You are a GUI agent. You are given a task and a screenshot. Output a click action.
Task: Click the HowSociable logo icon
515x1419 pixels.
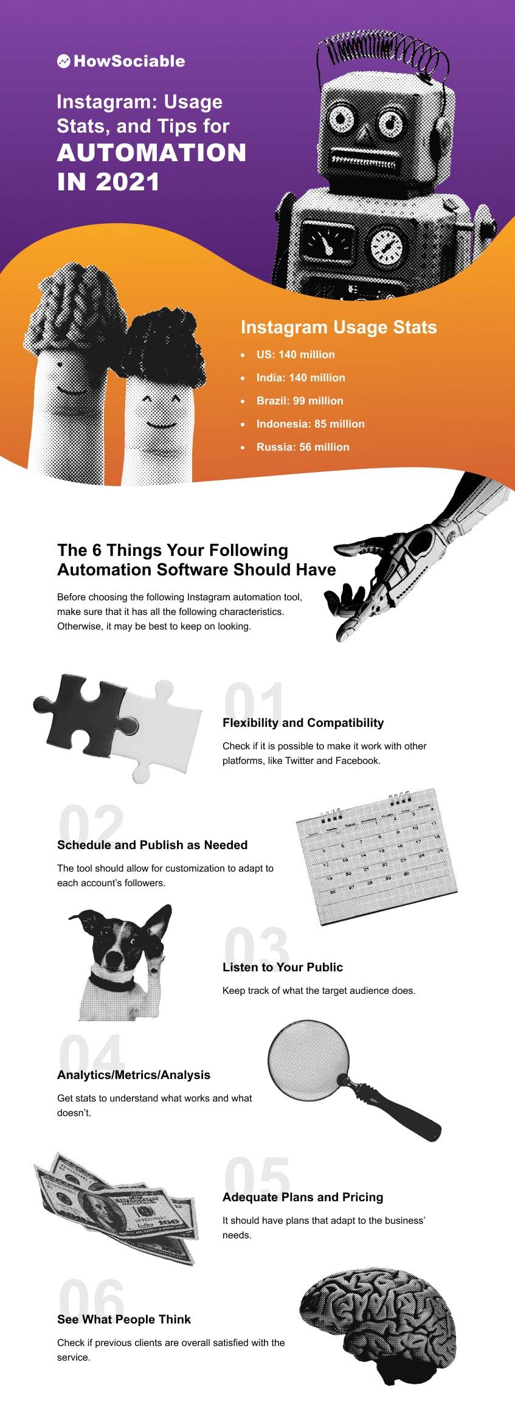tap(63, 61)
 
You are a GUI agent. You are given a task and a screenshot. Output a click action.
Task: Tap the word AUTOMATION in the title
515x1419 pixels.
tap(151, 153)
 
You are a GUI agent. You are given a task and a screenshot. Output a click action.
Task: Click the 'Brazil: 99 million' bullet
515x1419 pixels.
tap(299, 401)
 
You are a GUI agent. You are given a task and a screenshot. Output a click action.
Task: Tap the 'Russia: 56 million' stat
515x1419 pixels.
tap(302, 447)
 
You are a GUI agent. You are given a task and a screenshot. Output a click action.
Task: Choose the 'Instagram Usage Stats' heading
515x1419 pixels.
tap(339, 327)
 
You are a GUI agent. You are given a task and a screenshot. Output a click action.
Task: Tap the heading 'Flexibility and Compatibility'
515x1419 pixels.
tap(303, 723)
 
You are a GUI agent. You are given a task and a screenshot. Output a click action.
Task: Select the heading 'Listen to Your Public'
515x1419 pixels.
tap(282, 967)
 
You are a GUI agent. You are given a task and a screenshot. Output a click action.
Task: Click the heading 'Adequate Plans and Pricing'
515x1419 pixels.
tap(302, 1197)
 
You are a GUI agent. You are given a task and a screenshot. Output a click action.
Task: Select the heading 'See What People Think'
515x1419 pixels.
tap(123, 1319)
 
